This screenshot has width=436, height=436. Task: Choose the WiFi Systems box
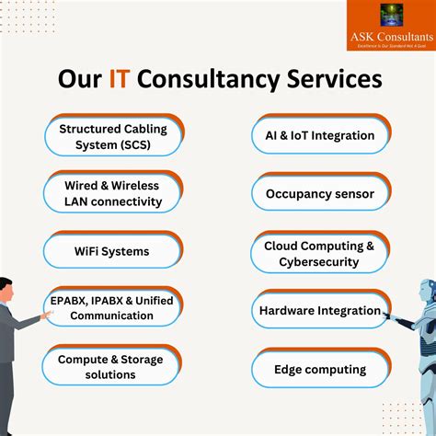pos(111,250)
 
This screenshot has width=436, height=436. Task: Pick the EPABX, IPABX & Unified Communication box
pos(111,308)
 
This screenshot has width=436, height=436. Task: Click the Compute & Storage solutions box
pos(109,367)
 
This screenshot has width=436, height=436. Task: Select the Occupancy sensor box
pos(319,193)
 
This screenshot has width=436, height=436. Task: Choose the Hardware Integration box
pos(319,311)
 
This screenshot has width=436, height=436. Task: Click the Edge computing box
pos(319,370)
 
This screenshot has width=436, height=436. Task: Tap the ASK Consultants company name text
pos(391,36)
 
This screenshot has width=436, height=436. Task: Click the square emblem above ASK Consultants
pos(391,16)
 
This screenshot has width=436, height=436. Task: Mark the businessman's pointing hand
pos(47,315)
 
